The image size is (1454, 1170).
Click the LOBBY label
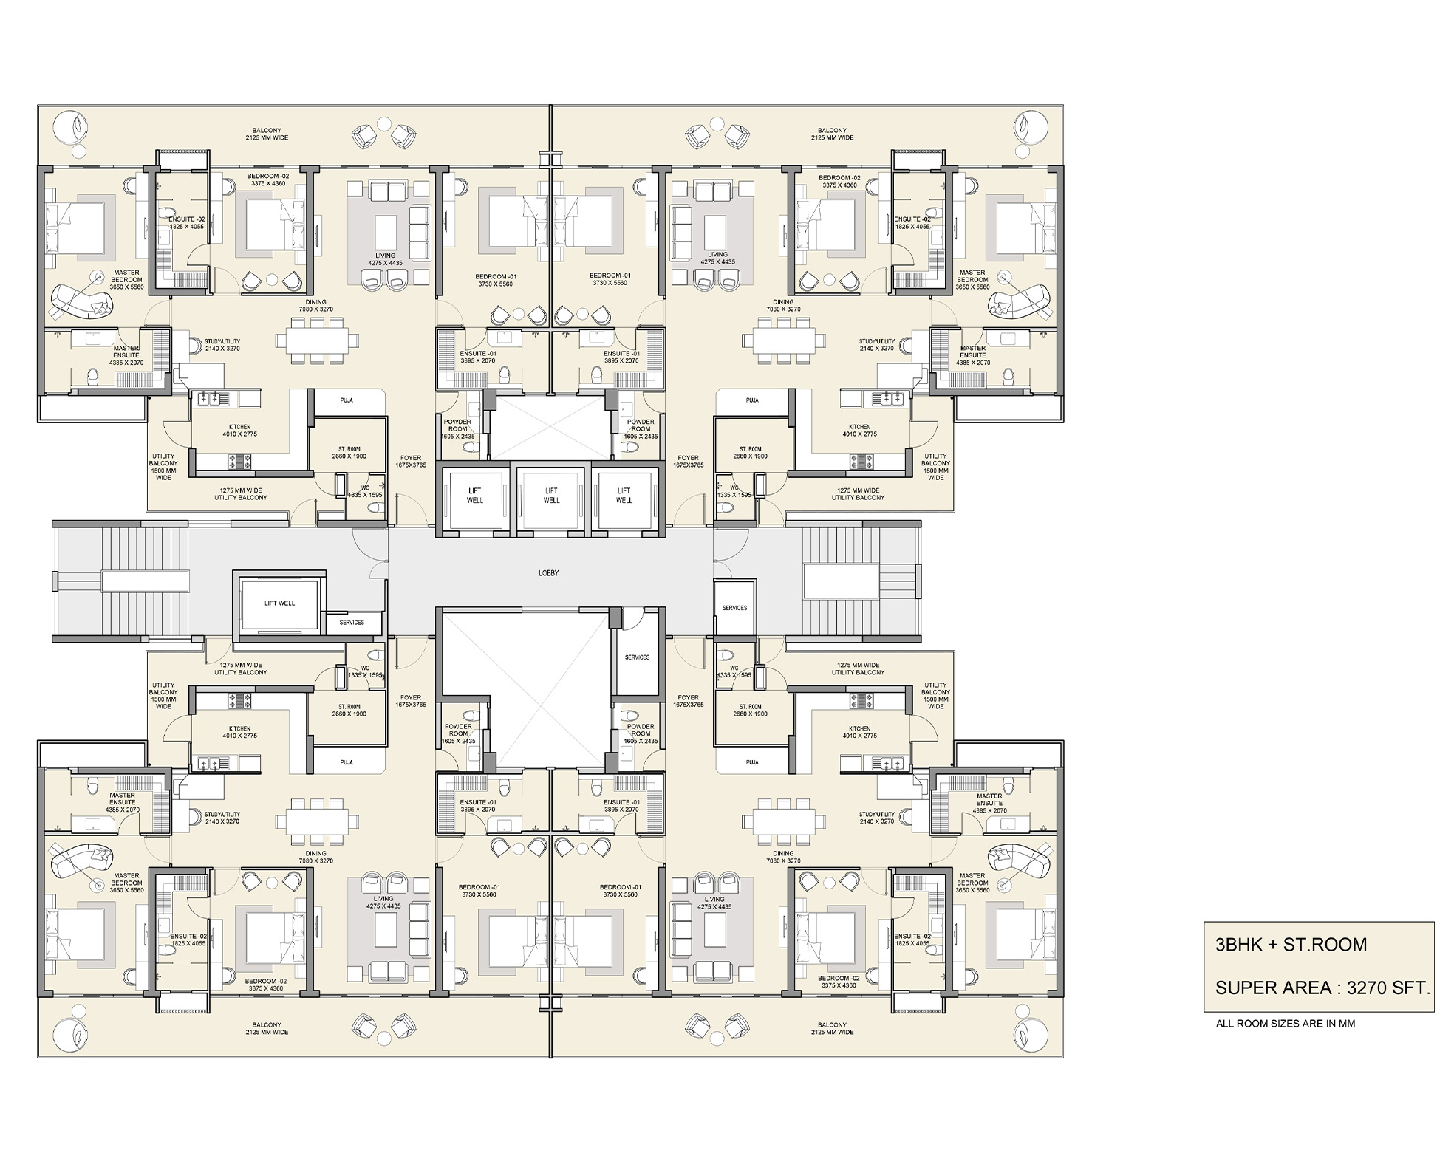coord(548,573)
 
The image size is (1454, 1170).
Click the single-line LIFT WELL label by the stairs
coord(279,603)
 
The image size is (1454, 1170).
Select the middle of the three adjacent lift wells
coord(551,496)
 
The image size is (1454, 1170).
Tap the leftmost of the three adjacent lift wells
coord(474,496)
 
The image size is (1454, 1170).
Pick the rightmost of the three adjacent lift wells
coord(624,496)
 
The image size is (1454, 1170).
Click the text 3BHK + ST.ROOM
coord(1291,945)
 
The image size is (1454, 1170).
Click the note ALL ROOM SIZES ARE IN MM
coord(1285,1024)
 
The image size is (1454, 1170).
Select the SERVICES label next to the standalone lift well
coord(352,623)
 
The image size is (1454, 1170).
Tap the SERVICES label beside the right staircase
coord(734,608)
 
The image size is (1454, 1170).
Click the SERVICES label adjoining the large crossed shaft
coord(637,657)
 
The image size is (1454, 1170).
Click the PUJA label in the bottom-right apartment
coord(752,762)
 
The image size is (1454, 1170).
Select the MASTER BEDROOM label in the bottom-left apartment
coord(126,883)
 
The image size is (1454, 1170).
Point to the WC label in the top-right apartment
coord(734,488)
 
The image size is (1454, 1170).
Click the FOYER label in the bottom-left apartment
coord(411,701)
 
